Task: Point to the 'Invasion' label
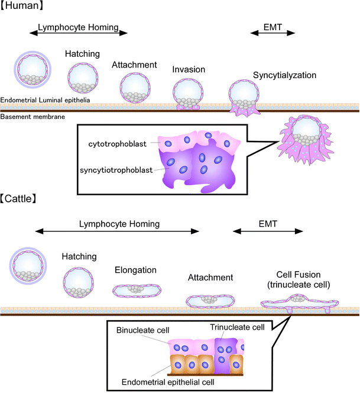pos(189,70)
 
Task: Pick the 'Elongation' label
pos(135,270)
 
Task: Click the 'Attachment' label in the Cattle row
pos(210,277)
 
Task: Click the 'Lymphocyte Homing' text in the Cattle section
pos(119,224)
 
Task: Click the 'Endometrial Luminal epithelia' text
pos(46,100)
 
